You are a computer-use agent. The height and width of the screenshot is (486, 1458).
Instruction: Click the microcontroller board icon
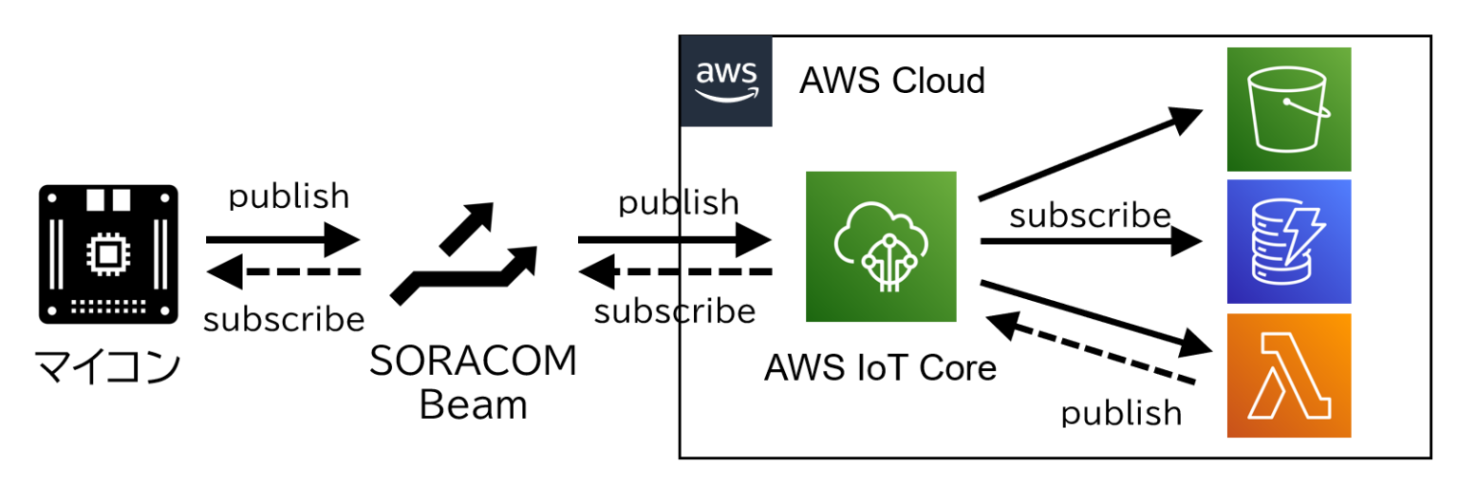click(107, 252)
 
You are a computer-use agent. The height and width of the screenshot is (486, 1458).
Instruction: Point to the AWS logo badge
click(726, 82)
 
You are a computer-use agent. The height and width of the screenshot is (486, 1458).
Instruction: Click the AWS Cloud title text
click(891, 81)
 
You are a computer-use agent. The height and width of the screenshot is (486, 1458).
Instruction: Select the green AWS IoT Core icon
click(880, 247)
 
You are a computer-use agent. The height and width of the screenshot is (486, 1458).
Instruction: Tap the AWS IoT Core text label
click(880, 366)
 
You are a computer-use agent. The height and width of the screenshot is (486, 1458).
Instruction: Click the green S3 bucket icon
click(1288, 109)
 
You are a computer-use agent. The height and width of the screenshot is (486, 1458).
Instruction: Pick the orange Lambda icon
click(1288, 375)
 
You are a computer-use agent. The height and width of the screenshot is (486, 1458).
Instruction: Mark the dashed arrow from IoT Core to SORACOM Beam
click(673, 273)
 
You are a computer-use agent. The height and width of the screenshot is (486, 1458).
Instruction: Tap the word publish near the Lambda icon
click(1121, 413)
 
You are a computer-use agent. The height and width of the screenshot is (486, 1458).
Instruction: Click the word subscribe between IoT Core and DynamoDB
click(1090, 216)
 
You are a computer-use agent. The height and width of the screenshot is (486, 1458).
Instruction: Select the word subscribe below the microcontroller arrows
click(284, 320)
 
